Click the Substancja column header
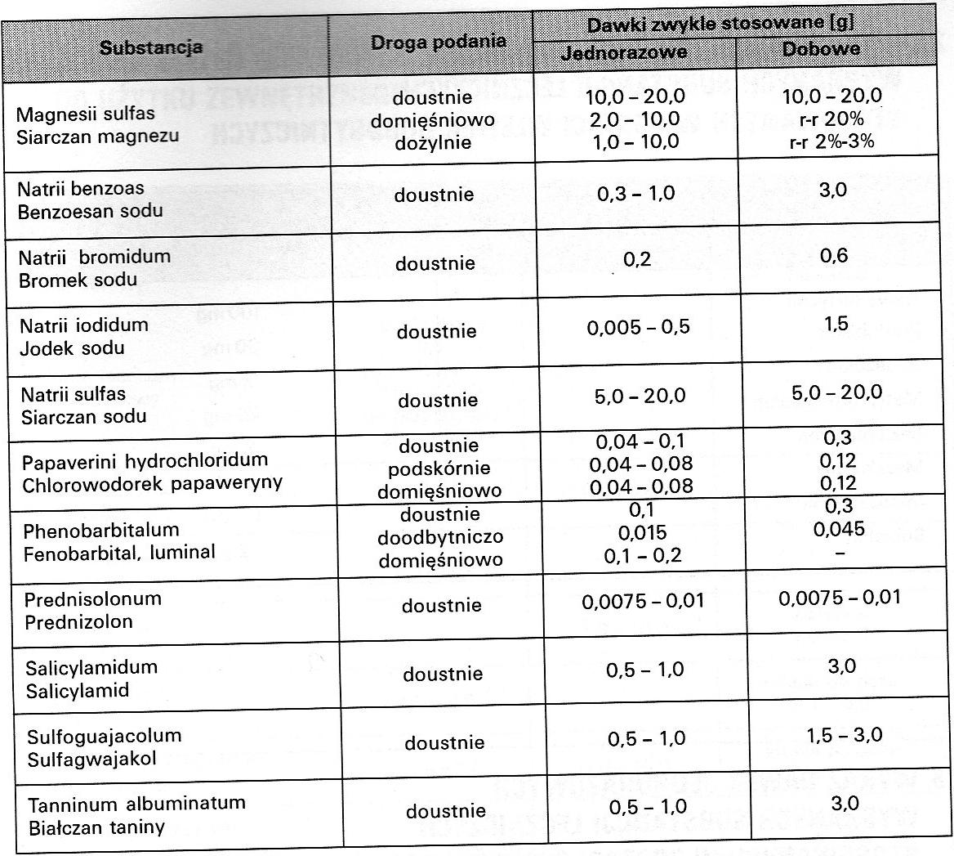click(151, 48)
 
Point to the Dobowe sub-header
click(821, 49)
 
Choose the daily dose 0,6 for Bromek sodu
click(832, 256)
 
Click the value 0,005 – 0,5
click(638, 327)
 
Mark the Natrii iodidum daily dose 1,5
click(836, 323)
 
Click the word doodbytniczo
click(440, 538)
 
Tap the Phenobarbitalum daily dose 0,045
click(838, 528)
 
